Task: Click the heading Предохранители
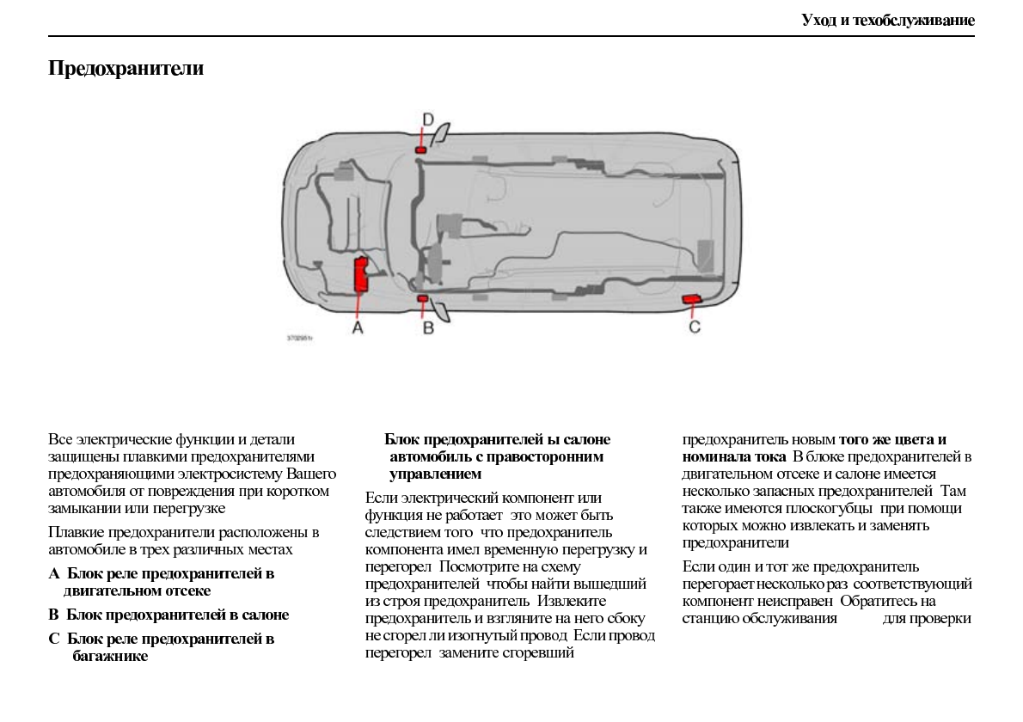(x=126, y=69)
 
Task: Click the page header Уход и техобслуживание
(x=888, y=20)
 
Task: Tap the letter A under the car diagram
(x=358, y=327)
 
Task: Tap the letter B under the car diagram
(x=427, y=327)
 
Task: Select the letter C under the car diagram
(x=695, y=327)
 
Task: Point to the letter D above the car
(x=427, y=119)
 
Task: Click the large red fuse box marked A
(x=361, y=274)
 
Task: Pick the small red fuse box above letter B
(x=422, y=298)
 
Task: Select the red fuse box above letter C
(x=691, y=298)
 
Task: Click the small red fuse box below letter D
(x=420, y=150)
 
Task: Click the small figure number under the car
(x=300, y=339)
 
